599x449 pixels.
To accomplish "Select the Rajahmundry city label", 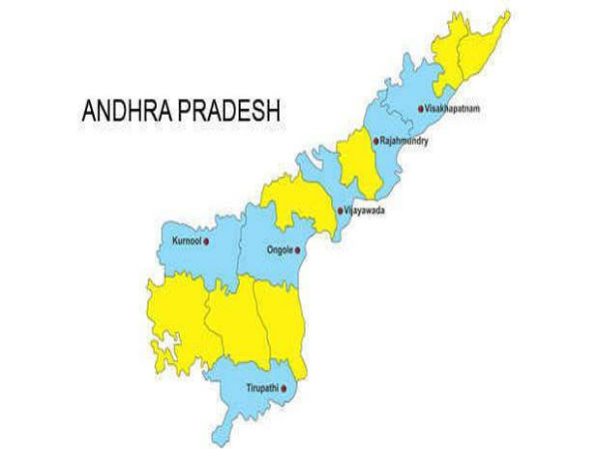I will [x=405, y=142].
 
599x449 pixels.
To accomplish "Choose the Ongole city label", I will [x=281, y=249].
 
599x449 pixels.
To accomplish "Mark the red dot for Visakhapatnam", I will [x=419, y=108].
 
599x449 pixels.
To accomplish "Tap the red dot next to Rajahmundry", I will [x=375, y=142].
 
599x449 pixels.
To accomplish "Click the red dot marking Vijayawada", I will [x=341, y=211].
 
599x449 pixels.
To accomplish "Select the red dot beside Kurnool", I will [x=206, y=241].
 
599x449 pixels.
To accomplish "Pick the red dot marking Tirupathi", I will [x=288, y=388].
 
